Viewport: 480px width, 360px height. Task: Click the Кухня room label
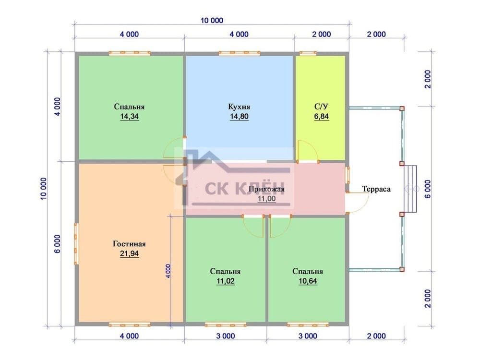coord(239,107)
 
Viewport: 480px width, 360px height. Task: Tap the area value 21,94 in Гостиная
coord(129,253)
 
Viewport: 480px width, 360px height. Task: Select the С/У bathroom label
coord(321,107)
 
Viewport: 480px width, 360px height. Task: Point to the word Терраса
coord(376,189)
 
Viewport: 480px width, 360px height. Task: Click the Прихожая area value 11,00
coord(266,199)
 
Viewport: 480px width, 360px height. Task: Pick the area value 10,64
coord(308,281)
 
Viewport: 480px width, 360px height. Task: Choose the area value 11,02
coord(225,281)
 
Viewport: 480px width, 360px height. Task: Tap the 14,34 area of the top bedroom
coord(129,116)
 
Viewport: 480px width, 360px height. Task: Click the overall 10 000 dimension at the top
coord(212,21)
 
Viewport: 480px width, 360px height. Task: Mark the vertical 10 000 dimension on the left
coord(44,189)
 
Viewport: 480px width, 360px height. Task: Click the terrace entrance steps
coord(410,189)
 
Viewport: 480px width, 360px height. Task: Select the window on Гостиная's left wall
coord(76,244)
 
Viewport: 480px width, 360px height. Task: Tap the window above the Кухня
coord(240,54)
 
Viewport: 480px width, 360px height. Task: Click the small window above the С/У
coord(308,54)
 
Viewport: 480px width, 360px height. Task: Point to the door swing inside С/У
coord(308,151)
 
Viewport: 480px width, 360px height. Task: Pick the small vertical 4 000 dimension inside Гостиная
coord(168,271)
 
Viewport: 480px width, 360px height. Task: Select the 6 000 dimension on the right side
coord(428,189)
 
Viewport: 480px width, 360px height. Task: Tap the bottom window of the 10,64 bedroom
coord(308,324)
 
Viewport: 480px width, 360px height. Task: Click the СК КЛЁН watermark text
coord(245,188)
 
